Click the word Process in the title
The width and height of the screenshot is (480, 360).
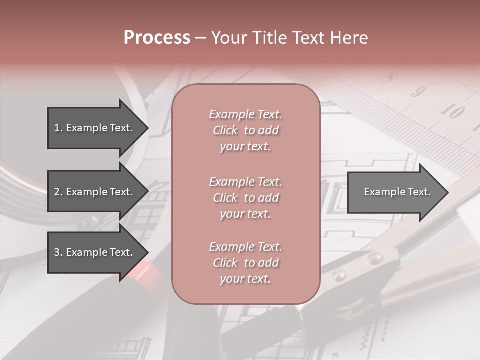click(x=157, y=38)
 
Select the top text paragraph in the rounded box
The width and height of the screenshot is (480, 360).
click(x=245, y=130)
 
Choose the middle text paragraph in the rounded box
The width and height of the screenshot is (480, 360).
click(x=245, y=198)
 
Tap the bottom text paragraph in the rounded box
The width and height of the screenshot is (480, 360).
click(x=245, y=263)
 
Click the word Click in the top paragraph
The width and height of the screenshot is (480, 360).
click(x=225, y=130)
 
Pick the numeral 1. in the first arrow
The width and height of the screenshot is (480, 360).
click(x=58, y=128)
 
